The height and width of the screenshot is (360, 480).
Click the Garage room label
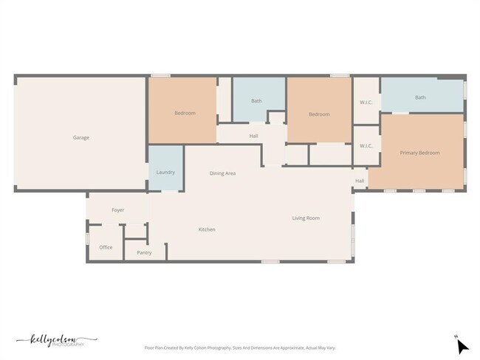pos(80,137)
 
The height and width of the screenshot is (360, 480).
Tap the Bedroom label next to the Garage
pos(185,113)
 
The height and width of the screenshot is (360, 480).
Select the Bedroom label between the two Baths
pos(318,114)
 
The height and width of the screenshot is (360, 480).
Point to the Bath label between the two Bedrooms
pos(256,100)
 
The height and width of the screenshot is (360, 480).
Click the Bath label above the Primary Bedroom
pos(419,97)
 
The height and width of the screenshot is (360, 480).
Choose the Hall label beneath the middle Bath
pos(253,136)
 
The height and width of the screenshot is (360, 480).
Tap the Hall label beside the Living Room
pos(360,181)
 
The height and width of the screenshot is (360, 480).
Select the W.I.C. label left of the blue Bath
pos(366,101)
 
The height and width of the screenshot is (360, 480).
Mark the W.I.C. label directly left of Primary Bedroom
pos(366,145)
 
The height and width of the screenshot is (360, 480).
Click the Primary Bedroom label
pos(419,153)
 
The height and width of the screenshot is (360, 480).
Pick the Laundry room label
pos(165,172)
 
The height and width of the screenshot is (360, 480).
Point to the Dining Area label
pos(222,173)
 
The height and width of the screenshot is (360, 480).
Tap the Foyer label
pos(117,210)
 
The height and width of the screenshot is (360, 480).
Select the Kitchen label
pos(207,229)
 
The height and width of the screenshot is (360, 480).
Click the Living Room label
pos(306,218)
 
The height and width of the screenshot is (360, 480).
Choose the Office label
pos(106,247)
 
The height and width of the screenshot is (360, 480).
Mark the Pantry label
pos(144,252)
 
